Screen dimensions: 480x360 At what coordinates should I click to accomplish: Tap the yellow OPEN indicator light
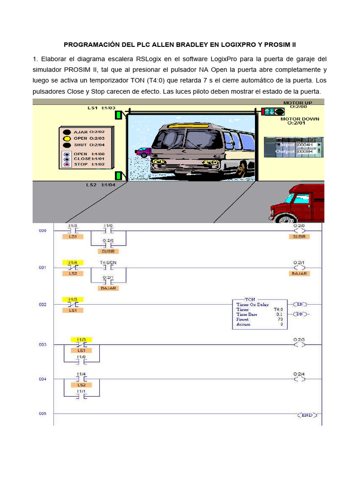point(67,138)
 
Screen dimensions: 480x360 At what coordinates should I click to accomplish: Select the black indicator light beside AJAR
point(67,132)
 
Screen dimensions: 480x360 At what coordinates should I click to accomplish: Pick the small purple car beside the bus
point(143,151)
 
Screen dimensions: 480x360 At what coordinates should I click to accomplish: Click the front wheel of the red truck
point(284,217)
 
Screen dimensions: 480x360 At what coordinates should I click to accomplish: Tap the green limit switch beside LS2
point(119,175)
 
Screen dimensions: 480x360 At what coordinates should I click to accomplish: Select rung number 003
point(43,345)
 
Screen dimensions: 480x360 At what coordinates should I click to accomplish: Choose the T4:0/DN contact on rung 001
point(108,268)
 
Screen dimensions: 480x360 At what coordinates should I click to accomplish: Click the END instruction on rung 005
point(307,415)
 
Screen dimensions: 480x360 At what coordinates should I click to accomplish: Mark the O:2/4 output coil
point(299,379)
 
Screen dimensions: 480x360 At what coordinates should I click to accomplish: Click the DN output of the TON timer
point(299,314)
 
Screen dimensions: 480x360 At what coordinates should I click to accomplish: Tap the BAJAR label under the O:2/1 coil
point(299,273)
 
